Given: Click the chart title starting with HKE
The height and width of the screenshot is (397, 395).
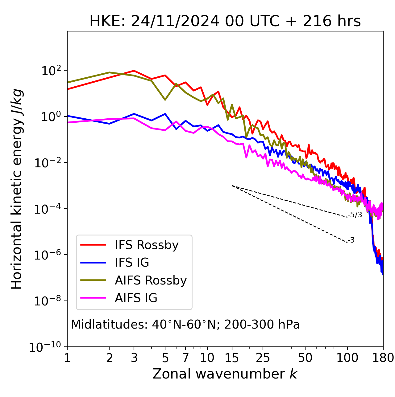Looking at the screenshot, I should point(225,22).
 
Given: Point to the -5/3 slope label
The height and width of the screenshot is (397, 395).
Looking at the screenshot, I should point(355,215).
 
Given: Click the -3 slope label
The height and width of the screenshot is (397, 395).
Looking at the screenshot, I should point(351,240).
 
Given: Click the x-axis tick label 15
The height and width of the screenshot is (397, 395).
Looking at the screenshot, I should point(232,358).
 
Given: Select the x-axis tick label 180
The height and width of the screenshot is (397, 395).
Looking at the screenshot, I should point(383,358).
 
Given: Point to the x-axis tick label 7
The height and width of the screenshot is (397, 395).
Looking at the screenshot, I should point(185,358).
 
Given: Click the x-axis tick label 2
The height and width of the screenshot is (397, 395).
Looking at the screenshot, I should point(109,358).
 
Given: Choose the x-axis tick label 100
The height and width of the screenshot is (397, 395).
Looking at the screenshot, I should point(347,358).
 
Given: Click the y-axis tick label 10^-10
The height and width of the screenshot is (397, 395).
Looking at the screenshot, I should point(45,347).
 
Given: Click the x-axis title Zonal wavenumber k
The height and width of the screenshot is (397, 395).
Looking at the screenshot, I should point(225,374).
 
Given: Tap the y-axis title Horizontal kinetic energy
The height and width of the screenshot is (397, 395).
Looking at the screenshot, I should point(17,189).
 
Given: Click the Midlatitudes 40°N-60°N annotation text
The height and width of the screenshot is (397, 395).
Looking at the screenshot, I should point(185,325).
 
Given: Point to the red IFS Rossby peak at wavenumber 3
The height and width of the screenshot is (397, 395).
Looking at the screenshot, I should point(134,71).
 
